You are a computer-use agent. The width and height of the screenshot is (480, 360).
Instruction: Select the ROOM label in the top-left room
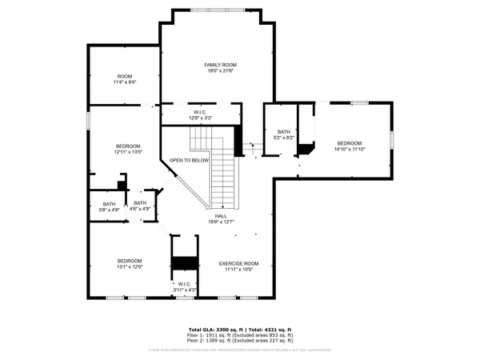tap(124, 76)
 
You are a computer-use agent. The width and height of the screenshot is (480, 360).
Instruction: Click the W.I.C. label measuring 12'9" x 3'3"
tap(200, 112)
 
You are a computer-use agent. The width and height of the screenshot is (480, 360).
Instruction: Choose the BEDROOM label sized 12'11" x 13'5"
tap(128, 146)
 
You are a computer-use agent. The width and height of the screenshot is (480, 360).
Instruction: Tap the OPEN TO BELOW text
tap(189, 160)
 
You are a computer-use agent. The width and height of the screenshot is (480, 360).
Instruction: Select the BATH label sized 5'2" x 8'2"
tap(284, 132)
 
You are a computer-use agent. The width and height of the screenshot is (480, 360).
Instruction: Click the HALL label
tap(219, 216)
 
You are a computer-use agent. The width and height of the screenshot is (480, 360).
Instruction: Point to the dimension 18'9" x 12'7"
tap(219, 222)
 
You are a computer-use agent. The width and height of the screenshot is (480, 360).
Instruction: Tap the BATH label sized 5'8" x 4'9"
tap(109, 204)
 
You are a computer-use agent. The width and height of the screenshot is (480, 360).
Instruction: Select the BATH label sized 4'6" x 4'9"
tap(140, 203)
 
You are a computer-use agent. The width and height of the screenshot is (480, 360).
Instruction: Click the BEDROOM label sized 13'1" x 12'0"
tap(130, 262)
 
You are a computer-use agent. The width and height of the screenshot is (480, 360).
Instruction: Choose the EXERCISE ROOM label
tap(239, 263)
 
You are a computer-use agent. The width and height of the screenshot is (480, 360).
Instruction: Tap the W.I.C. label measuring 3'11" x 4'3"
tap(184, 283)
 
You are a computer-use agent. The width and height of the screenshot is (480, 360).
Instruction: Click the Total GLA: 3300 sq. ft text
tap(213, 329)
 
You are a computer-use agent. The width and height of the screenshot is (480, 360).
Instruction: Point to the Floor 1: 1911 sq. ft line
tap(240, 334)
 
